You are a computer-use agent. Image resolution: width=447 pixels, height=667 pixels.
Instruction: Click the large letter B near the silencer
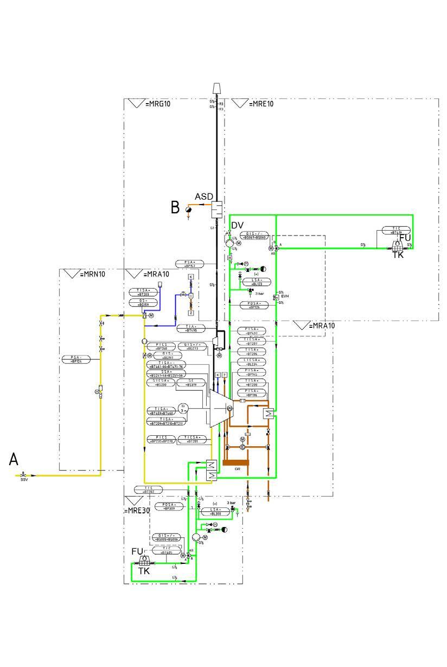175,207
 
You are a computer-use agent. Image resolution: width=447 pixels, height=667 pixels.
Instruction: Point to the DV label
237,225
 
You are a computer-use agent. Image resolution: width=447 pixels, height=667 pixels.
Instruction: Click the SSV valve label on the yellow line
24,480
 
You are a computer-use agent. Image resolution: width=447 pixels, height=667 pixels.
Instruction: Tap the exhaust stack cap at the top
216,88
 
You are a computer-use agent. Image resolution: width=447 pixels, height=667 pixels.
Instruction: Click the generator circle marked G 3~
183,408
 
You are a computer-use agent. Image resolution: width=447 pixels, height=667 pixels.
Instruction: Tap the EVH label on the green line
285,297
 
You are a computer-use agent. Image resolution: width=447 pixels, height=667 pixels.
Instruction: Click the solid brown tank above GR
234,462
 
